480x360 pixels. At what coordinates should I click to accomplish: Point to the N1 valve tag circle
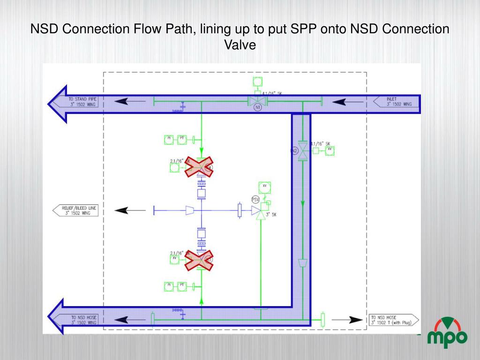[257, 108]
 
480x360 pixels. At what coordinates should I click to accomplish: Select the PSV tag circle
[255, 199]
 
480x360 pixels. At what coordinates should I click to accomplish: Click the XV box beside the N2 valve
[330, 150]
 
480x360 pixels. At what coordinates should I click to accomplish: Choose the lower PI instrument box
[169, 285]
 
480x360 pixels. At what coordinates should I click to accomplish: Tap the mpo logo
[447, 333]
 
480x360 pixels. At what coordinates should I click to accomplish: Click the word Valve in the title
[240, 45]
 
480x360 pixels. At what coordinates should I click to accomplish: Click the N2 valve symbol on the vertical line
[303, 151]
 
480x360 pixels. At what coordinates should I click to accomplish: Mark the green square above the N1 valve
[257, 82]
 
